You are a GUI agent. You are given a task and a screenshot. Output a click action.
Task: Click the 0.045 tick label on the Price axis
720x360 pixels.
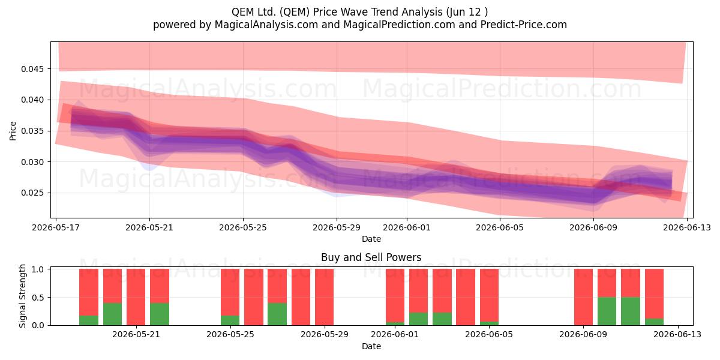tap(32, 69)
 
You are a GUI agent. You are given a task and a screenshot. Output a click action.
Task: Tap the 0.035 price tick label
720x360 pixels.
tap(32, 131)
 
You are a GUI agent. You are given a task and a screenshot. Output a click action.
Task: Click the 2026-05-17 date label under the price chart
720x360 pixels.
tap(56, 227)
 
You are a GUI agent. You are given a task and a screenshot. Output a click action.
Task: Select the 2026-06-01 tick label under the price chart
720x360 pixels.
tap(407, 227)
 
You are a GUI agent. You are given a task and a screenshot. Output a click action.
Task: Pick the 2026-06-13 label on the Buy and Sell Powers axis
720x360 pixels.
tap(677, 334)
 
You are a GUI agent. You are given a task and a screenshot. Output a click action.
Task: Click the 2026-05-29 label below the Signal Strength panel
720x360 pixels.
tap(325, 334)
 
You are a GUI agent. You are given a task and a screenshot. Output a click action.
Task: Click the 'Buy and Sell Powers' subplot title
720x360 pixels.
tap(371, 257)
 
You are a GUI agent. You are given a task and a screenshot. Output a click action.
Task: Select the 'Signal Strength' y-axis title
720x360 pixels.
tap(22, 296)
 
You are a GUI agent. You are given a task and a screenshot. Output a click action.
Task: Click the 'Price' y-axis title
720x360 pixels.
tap(13, 131)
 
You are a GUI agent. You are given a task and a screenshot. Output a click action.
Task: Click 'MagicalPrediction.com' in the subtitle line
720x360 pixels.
tap(399, 25)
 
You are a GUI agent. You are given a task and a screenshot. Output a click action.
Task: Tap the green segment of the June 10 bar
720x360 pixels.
tap(607, 311)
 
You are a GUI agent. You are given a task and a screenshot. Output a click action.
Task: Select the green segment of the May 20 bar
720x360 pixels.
tap(113, 314)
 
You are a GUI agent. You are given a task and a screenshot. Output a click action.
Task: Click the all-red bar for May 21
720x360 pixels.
tap(136, 297)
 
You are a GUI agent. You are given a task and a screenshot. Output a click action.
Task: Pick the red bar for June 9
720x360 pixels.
tap(583, 297)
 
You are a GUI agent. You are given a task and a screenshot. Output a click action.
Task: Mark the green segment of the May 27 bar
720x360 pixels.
tap(277, 314)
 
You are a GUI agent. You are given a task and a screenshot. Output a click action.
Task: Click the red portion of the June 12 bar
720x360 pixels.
tap(654, 294)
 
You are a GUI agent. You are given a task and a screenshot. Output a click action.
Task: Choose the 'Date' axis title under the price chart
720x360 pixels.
tap(371, 239)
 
